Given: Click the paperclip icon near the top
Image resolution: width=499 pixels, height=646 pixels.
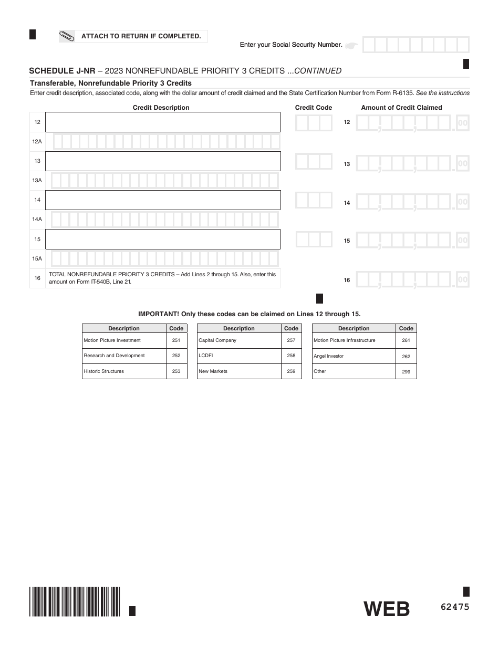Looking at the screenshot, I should [x=67, y=36].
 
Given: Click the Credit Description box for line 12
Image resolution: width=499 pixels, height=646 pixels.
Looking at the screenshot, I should [x=163, y=122].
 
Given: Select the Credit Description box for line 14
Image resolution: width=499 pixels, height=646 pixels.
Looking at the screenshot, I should [x=163, y=200].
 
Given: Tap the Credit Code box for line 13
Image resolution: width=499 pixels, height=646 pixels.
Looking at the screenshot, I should [x=314, y=161].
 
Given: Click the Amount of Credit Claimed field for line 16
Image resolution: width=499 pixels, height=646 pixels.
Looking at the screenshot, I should [x=412, y=280].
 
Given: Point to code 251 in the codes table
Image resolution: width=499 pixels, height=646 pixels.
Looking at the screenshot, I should [x=176, y=340].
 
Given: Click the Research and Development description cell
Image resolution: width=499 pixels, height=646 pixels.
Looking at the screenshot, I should [x=124, y=356].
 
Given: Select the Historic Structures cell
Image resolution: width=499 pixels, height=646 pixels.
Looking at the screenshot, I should [x=124, y=371].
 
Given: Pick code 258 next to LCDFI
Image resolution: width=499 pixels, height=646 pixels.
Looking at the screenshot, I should [x=291, y=356].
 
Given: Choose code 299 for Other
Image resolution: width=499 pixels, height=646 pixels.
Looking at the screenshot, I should [x=406, y=372].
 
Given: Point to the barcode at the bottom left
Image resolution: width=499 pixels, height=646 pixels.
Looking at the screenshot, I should [x=75, y=601].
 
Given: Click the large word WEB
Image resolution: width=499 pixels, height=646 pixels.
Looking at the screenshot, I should [x=387, y=609].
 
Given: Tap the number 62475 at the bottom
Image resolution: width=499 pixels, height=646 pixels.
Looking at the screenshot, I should [x=455, y=607].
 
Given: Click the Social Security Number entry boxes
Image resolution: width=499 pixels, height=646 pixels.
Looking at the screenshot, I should [x=415, y=45].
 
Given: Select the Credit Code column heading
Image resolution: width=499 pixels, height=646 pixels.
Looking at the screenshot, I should [x=314, y=108].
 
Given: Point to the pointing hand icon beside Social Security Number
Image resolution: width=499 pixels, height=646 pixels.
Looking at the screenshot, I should [x=352, y=45].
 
